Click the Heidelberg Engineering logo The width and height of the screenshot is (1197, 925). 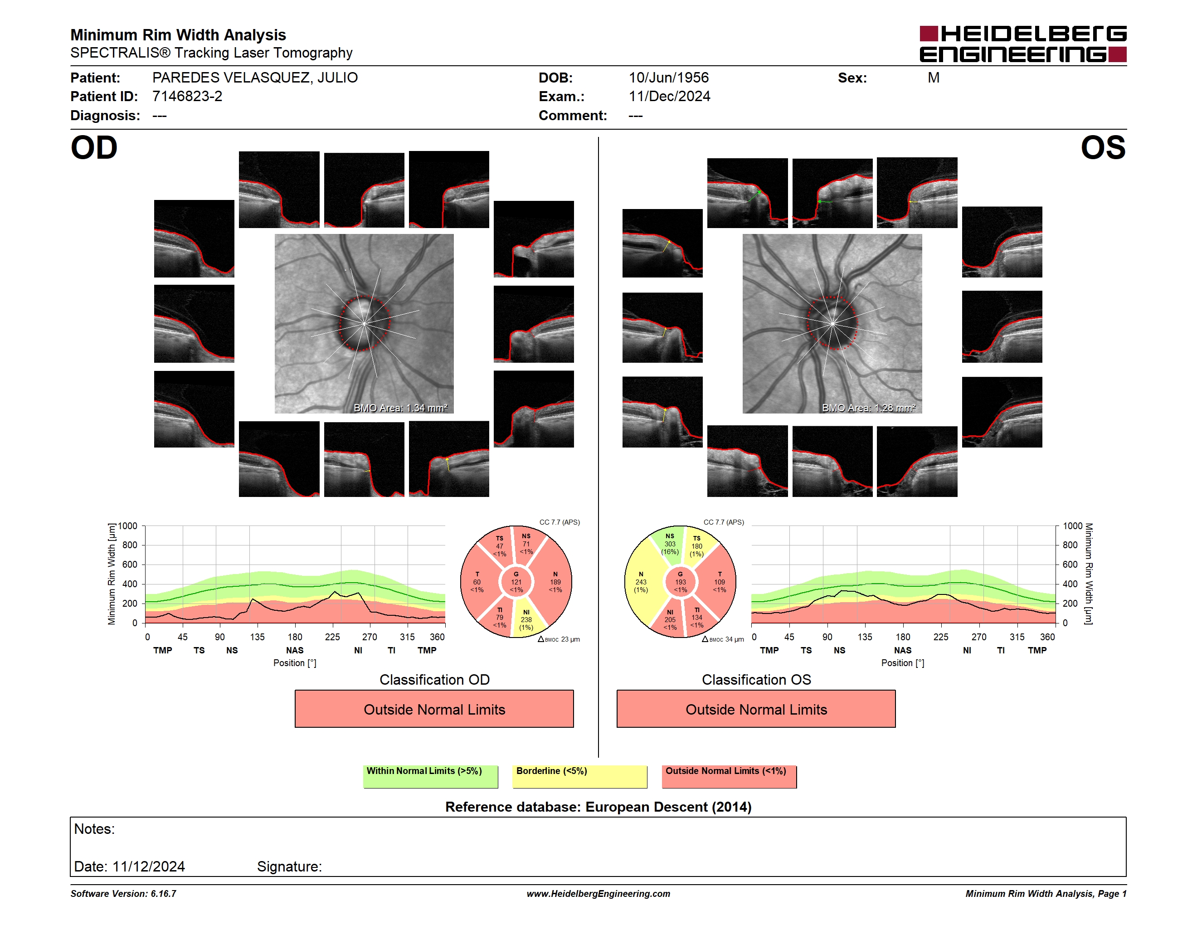click(x=1023, y=44)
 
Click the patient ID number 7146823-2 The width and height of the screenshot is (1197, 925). click(x=187, y=97)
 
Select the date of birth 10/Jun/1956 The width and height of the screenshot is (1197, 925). click(x=669, y=78)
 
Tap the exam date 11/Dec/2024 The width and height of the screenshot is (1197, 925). click(x=669, y=97)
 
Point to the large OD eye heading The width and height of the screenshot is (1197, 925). click(x=94, y=148)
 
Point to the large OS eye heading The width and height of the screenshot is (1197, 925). click(x=1103, y=148)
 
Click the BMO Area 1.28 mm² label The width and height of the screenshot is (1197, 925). click(x=869, y=408)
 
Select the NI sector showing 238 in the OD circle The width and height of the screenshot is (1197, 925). click(x=527, y=618)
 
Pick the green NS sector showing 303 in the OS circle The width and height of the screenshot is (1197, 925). click(x=669, y=544)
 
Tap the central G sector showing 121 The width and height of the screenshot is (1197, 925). click(x=516, y=582)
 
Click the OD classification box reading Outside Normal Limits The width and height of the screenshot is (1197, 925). click(x=434, y=709)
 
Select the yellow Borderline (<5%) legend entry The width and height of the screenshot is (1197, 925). click(x=579, y=776)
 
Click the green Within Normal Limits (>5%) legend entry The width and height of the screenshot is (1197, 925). click(x=430, y=776)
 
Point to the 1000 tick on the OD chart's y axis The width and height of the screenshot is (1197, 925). click(x=128, y=526)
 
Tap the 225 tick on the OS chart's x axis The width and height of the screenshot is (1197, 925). click(x=940, y=637)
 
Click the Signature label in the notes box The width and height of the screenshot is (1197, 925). click(x=289, y=867)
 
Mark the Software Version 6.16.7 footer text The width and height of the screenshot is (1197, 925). click(x=123, y=894)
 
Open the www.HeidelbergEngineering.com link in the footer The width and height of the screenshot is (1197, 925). click(x=598, y=894)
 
